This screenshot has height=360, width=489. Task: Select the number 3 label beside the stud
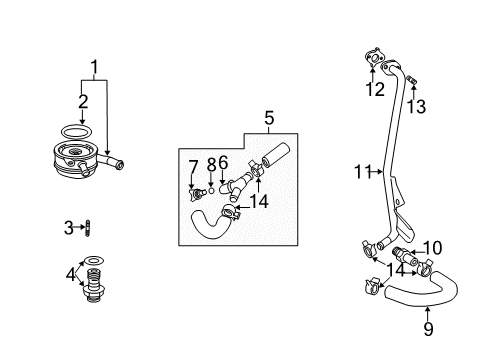tap(68, 228)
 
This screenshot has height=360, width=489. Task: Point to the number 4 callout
tap(69, 274)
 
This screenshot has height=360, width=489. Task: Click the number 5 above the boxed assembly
tap(267, 119)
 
